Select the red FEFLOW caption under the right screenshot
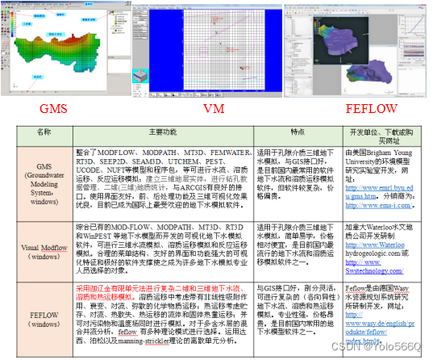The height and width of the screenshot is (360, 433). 356,108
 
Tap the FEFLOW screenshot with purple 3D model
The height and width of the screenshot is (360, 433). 356,48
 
